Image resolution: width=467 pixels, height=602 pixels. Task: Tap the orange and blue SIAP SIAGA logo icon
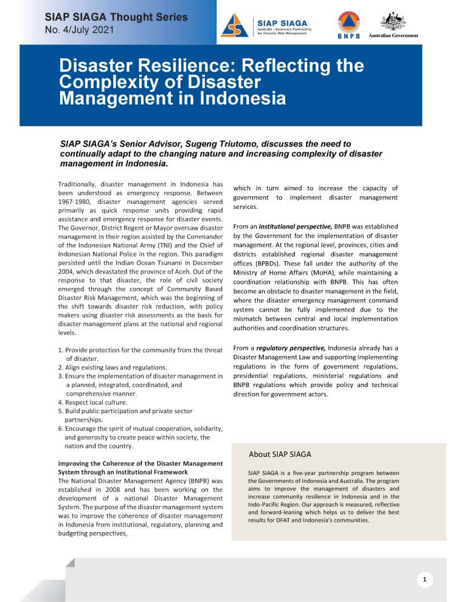234,25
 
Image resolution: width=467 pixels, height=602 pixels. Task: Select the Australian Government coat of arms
393,21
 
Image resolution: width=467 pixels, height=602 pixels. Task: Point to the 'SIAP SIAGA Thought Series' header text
116,17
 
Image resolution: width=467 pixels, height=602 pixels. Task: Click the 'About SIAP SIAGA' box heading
280,454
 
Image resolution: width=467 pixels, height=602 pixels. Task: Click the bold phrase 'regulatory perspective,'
289,348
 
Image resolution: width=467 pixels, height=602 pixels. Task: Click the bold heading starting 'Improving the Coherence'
140,463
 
